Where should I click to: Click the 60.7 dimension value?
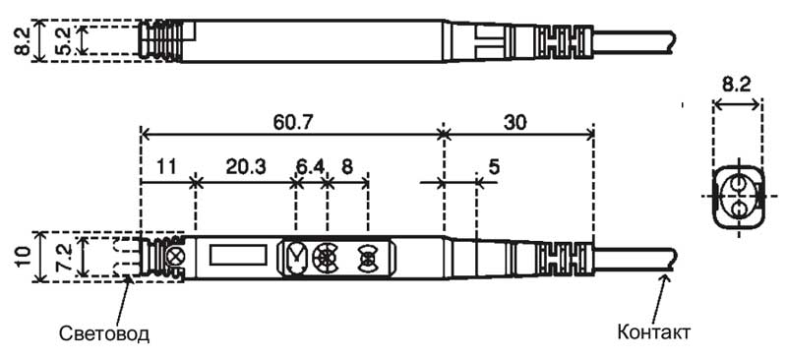pos(291,122)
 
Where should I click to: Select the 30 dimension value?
pos(515,122)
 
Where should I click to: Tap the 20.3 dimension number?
pos(245,166)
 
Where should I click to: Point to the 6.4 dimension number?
pos(310,166)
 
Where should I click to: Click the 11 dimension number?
pos(166,166)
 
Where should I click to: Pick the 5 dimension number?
pos(495,166)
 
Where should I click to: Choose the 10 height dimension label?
pos(23,257)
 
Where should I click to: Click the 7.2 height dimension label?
pos(66,257)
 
